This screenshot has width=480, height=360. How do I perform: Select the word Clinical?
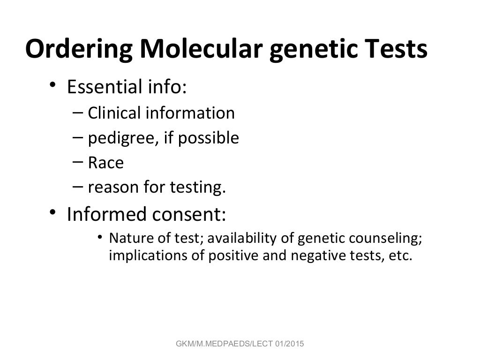(x=114, y=113)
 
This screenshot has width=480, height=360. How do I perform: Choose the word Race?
(x=105, y=163)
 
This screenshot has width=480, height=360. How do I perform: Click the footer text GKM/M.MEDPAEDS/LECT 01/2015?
(x=240, y=345)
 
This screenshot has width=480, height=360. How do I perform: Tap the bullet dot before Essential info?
(x=53, y=85)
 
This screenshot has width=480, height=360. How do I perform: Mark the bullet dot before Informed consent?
(x=53, y=213)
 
